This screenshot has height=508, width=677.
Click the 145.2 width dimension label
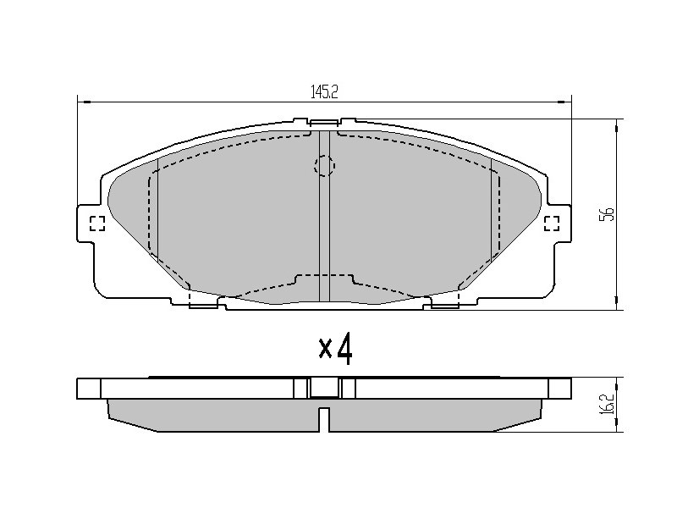[324, 92]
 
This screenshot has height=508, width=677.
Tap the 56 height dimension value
[607, 214]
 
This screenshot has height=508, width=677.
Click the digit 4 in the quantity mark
[344, 349]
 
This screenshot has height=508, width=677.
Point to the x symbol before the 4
[325, 349]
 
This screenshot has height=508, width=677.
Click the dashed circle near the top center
[324, 165]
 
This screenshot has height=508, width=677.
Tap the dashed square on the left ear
[97, 224]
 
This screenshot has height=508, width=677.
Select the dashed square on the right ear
[552, 224]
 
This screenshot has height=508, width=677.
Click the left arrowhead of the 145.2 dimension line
[83, 102]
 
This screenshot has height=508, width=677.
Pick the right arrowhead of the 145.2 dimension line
[565, 102]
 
